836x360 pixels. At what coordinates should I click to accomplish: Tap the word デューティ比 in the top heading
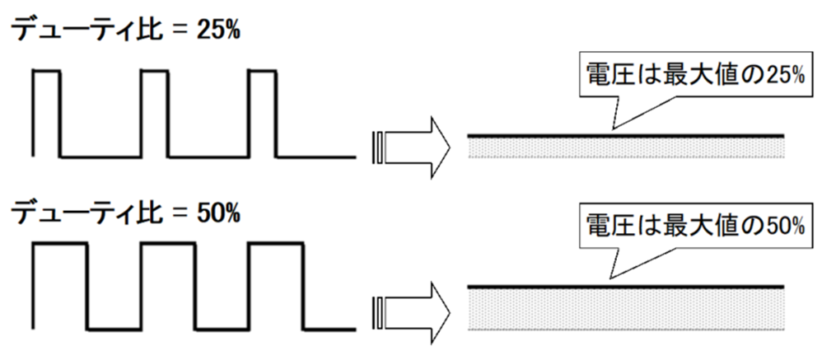pyautogui.click(x=87, y=32)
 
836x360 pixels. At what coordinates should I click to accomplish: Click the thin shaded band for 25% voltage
pyautogui.click(x=626, y=147)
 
